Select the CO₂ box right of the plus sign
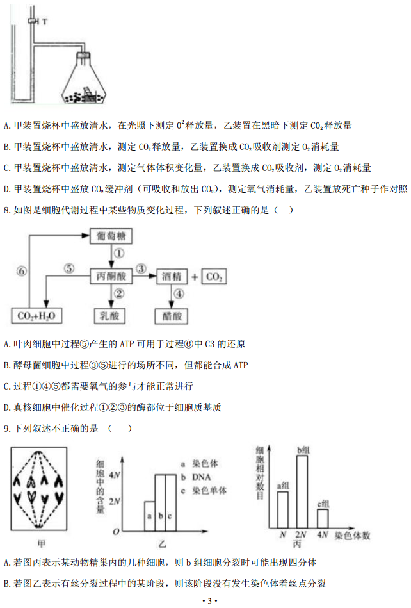coord(213,276)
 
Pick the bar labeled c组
coord(323,518)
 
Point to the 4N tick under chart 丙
coord(323,534)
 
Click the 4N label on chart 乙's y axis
coord(115,475)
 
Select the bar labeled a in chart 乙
coord(149,516)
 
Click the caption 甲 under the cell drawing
coord(42,544)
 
